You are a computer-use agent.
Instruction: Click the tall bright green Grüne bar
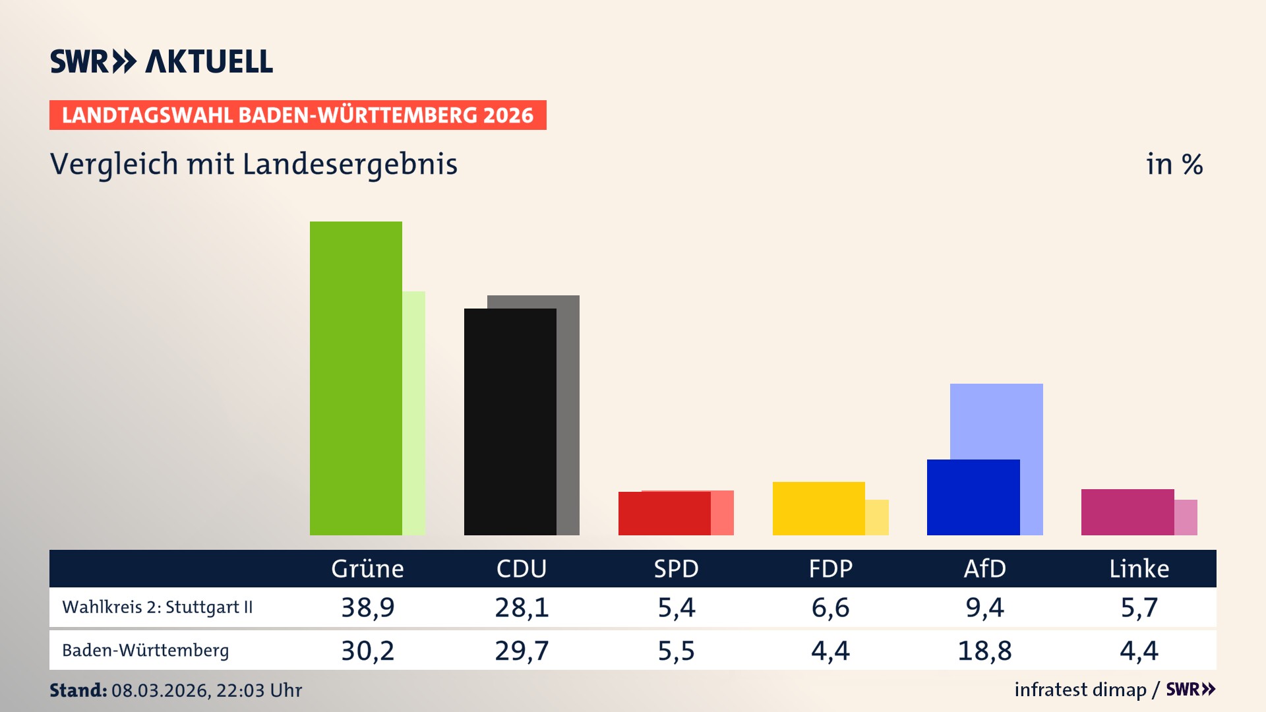[356, 378]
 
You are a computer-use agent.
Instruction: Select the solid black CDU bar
[510, 422]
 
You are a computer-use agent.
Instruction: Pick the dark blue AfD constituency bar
[973, 497]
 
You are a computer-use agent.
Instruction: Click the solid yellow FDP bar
[818, 508]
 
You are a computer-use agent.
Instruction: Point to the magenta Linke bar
[1127, 512]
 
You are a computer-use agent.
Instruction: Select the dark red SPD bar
[664, 514]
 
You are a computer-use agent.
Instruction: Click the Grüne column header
[367, 568]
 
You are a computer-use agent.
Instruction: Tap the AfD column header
[984, 568]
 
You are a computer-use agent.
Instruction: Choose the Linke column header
[1139, 568]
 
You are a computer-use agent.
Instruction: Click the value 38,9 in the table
[367, 607]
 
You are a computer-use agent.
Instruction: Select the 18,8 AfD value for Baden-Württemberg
[984, 651]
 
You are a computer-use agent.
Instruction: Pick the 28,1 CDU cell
[522, 607]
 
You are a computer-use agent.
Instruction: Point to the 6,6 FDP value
[830, 607]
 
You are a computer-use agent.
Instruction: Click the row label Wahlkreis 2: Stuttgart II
[157, 607]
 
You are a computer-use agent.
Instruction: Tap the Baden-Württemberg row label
[145, 651]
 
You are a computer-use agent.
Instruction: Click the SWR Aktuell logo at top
[162, 61]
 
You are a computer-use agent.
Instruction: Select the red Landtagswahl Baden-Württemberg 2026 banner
[297, 115]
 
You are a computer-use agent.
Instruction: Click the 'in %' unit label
[1174, 164]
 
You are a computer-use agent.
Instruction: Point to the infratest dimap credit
[1080, 690]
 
